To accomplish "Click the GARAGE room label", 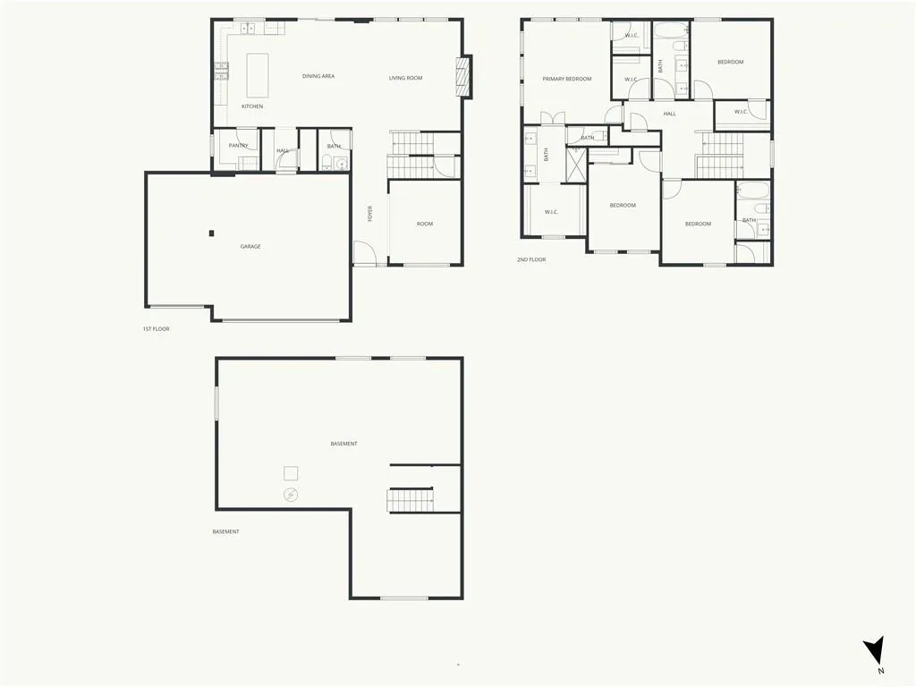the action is [x=250, y=247].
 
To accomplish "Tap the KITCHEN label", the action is [x=252, y=106].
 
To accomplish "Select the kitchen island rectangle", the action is [x=258, y=75].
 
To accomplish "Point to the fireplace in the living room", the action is [x=463, y=76].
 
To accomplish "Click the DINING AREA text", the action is [x=318, y=76].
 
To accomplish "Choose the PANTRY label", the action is [x=238, y=146].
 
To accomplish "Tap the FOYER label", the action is [x=369, y=213].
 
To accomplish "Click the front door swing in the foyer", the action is [x=364, y=253].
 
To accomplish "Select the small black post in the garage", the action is [x=211, y=233].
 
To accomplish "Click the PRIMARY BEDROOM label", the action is [x=566, y=79].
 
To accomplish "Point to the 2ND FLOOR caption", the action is [x=531, y=259].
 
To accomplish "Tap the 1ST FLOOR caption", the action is [x=156, y=329].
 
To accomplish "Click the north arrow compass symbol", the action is [x=875, y=650].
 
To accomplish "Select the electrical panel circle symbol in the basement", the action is [x=291, y=496].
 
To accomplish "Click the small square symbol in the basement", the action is [x=291, y=473].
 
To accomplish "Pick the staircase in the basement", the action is [x=410, y=500].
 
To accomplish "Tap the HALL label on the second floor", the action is [x=669, y=114].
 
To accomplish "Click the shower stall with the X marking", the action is [x=576, y=165].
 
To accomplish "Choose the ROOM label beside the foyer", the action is [x=425, y=224].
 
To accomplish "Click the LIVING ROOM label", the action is [x=405, y=78].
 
